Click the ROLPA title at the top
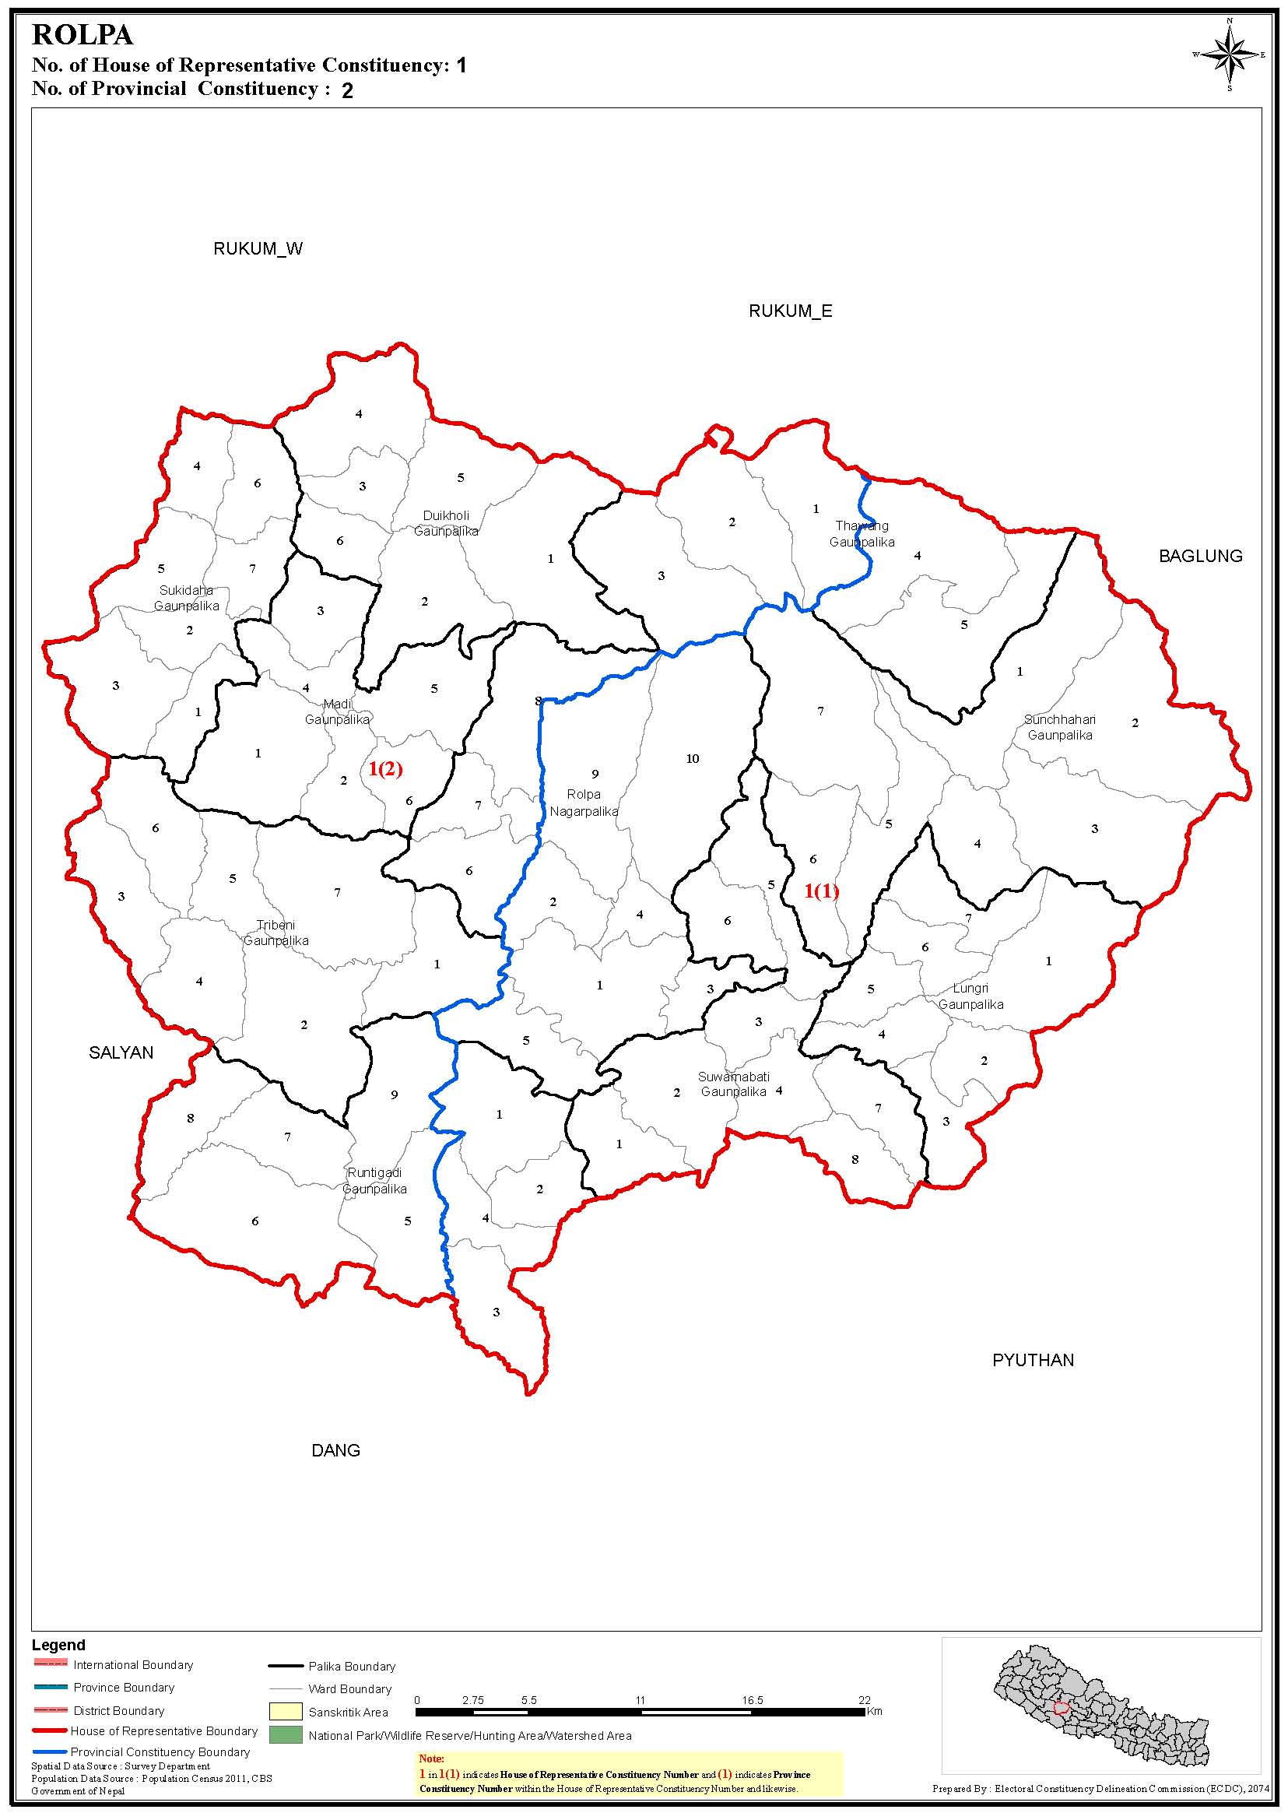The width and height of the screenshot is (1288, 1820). (82, 36)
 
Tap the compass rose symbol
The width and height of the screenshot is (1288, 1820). (1229, 54)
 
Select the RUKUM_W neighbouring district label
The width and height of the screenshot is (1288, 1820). (258, 249)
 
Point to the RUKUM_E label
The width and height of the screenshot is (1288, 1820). (790, 312)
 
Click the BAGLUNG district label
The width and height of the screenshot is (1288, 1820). (1200, 556)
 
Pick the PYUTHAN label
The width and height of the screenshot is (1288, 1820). (1033, 1360)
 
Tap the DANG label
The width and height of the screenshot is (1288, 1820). (335, 1450)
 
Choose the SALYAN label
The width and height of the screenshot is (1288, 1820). (121, 1052)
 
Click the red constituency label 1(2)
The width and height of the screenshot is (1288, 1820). (385, 769)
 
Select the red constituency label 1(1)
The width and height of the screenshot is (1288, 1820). (821, 891)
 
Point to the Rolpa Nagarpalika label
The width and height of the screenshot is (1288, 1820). (584, 803)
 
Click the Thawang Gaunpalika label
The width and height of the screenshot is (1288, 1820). (862, 534)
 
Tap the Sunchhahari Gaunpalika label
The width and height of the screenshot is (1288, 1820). (1060, 727)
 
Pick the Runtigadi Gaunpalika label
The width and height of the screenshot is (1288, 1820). (374, 1181)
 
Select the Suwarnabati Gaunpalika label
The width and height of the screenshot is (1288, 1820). (734, 1084)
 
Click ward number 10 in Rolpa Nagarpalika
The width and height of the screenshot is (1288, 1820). (693, 759)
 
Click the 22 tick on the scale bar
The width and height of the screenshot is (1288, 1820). (864, 1700)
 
